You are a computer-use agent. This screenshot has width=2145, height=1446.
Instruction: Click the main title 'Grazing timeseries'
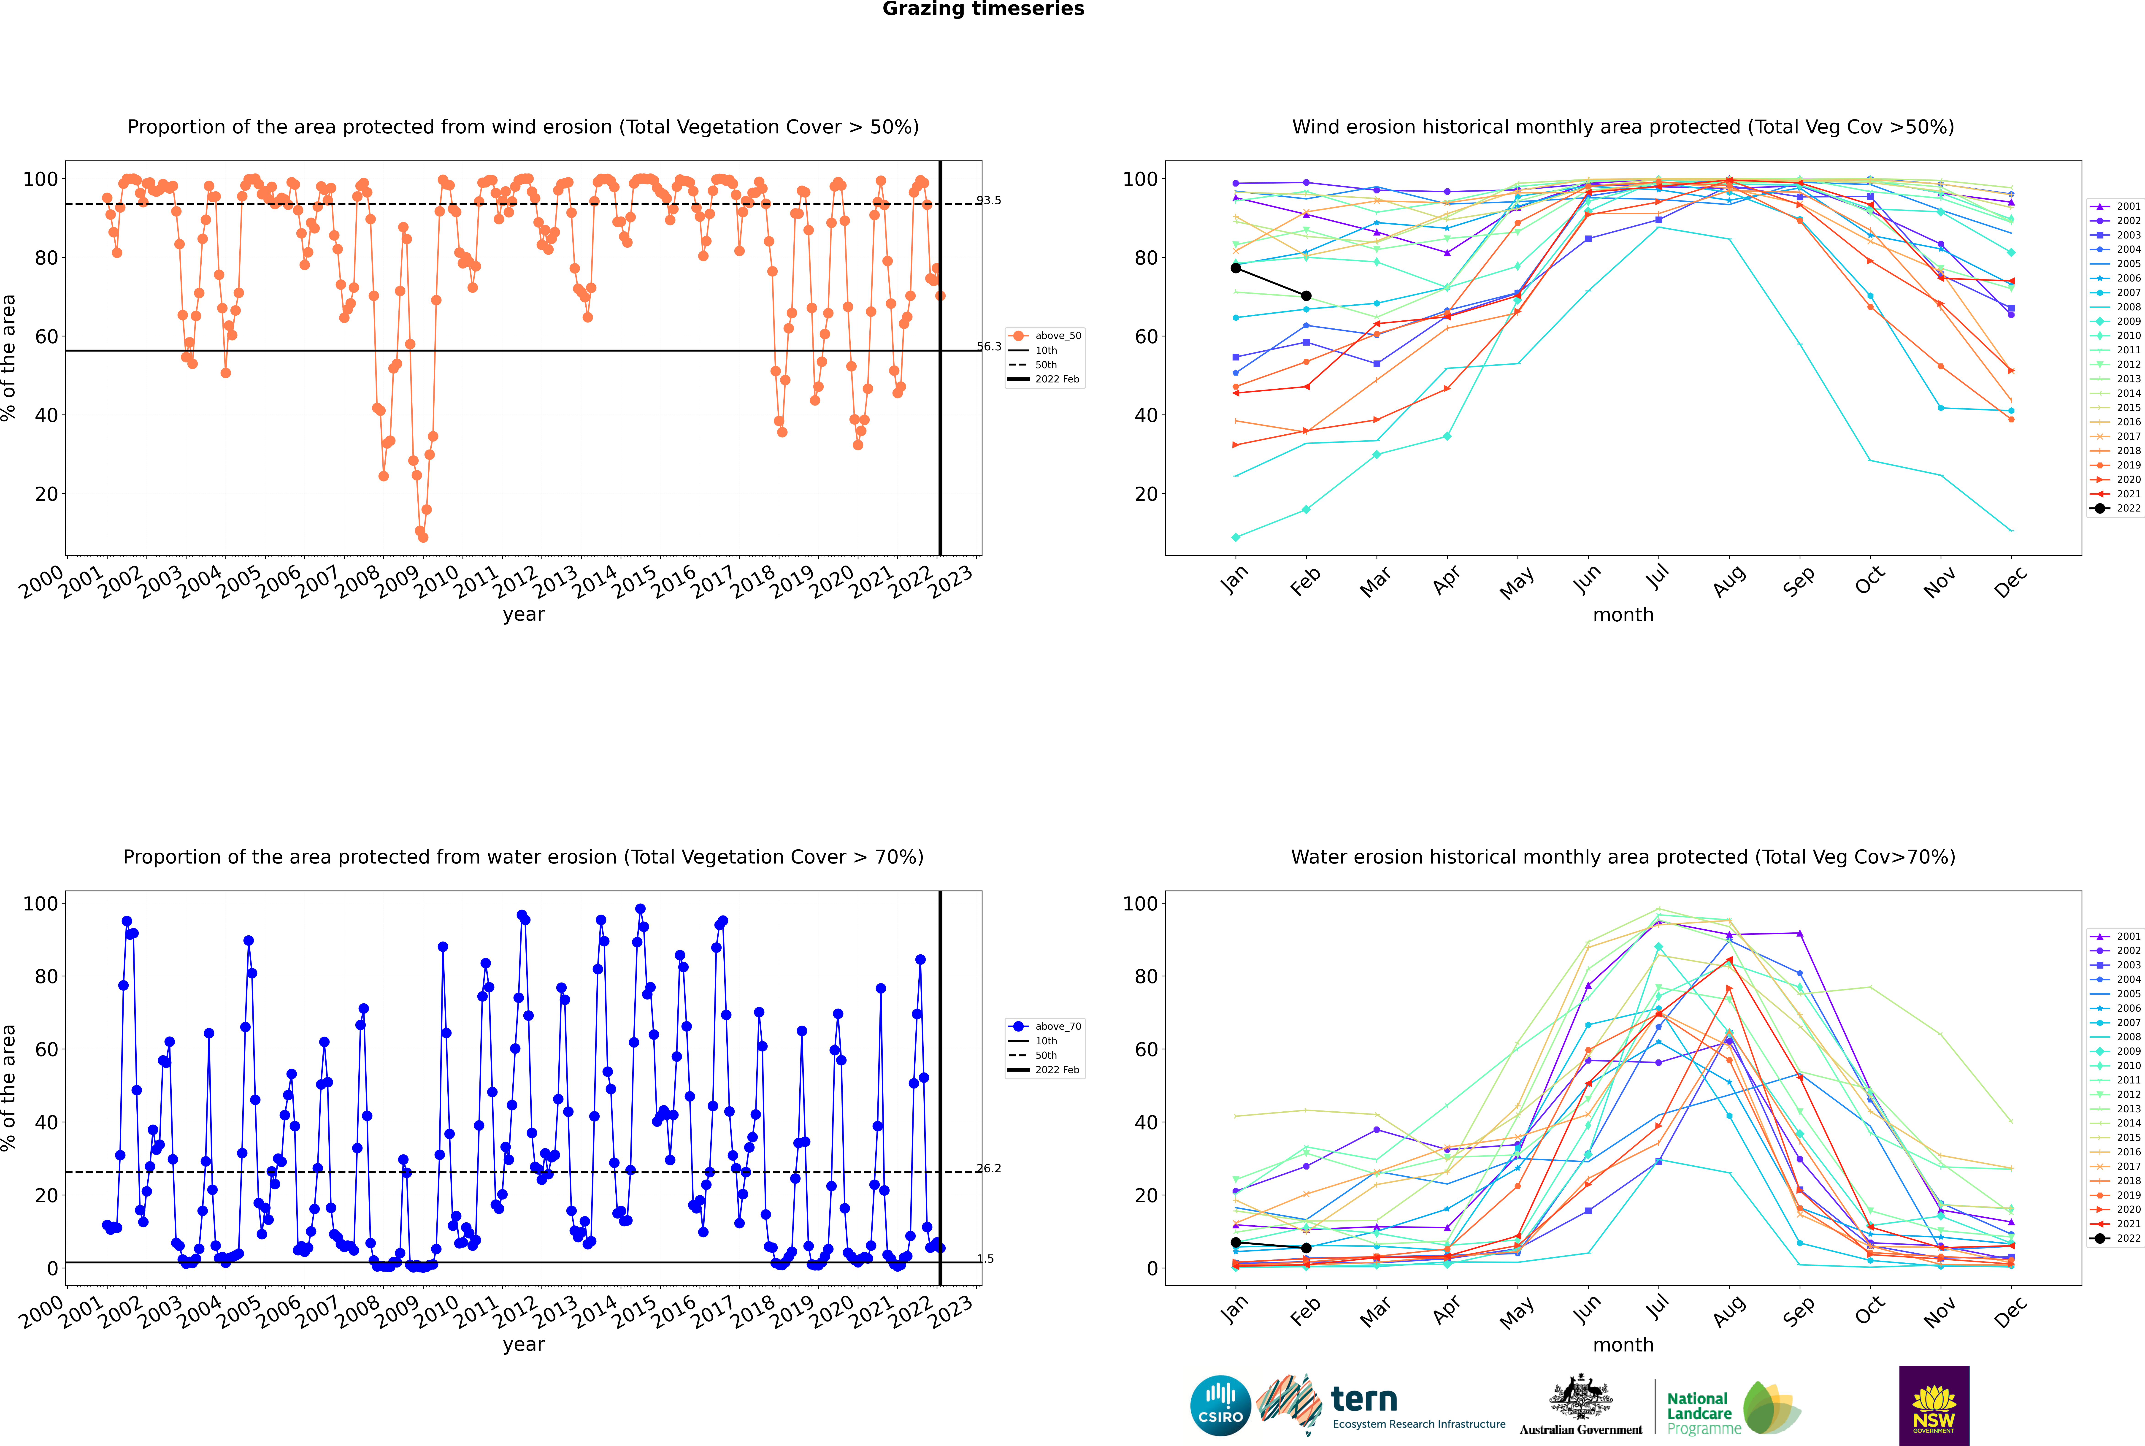click(x=983, y=9)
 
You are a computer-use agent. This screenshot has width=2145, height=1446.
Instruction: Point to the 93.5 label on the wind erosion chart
click(x=989, y=200)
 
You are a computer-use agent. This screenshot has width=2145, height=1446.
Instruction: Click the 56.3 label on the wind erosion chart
click(x=989, y=347)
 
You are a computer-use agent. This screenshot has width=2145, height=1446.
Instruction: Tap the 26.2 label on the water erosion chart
click(x=989, y=1168)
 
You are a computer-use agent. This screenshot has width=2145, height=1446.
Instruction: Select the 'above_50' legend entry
click(x=1045, y=336)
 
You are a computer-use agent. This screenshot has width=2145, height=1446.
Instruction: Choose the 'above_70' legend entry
click(x=1045, y=1026)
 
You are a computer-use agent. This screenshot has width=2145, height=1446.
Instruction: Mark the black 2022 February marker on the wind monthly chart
click(x=1306, y=296)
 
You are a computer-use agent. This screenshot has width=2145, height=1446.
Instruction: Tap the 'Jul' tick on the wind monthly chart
click(x=1657, y=577)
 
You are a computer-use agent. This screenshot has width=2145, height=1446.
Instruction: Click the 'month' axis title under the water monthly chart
click(x=1623, y=1345)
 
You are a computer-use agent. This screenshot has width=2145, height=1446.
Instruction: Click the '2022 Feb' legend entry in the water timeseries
click(x=1045, y=1070)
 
